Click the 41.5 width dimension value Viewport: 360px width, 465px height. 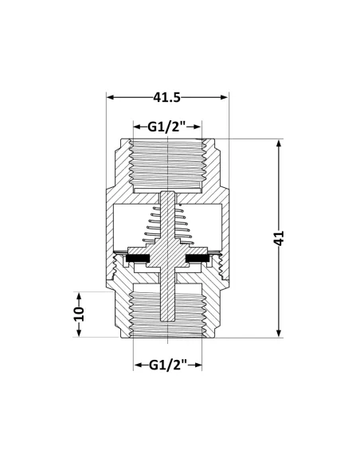click(x=167, y=97)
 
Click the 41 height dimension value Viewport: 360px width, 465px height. click(x=279, y=238)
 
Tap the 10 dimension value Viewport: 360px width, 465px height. click(x=79, y=314)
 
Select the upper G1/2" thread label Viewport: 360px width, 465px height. click(x=166, y=127)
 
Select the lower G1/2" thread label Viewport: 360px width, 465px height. click(x=168, y=365)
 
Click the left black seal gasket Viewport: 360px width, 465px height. click(x=138, y=258)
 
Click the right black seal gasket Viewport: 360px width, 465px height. click(x=198, y=258)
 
